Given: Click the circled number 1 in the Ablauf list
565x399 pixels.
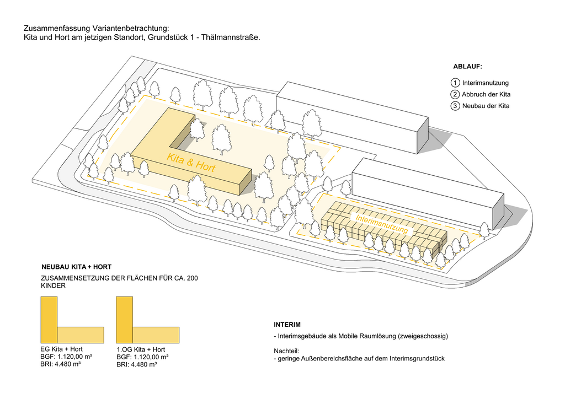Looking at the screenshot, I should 455,83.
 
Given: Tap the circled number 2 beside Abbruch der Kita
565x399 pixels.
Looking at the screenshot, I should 455,94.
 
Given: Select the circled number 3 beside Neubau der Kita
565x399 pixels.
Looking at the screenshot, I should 455,106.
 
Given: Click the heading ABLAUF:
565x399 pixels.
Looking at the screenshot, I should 467,67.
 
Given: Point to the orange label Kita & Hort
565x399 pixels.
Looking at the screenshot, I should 190,164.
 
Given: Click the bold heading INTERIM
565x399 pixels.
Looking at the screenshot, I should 287,324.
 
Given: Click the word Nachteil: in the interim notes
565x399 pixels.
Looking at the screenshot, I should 286,351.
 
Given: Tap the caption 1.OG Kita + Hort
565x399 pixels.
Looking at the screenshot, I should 141,349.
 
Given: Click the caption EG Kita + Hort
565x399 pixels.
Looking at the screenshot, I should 62,349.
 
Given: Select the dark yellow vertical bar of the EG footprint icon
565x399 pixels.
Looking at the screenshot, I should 49,319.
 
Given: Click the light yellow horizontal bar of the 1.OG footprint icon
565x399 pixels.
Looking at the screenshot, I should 156,334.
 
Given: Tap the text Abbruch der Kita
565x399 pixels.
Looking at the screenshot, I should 486,94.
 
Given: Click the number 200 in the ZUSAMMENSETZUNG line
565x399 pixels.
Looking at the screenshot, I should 192,278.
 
